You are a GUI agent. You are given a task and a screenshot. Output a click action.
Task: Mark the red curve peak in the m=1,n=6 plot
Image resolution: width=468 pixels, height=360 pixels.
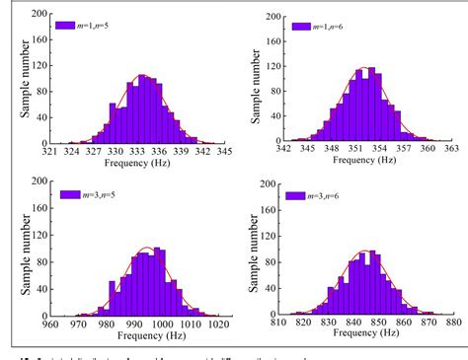point(364,68)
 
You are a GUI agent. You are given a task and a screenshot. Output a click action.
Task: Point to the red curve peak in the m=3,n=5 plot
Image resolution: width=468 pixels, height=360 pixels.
point(146,247)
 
